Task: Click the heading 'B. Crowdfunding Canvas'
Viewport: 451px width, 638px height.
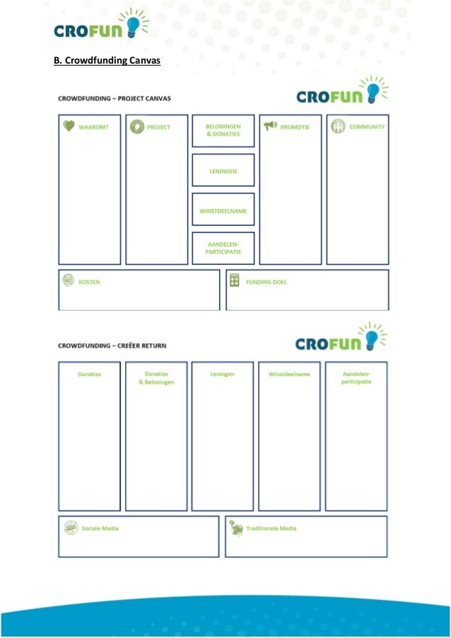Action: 107,61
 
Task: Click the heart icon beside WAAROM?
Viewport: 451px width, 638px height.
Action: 68,126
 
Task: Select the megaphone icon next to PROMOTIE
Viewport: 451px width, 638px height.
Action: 270,126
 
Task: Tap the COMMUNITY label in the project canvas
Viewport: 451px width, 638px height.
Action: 367,127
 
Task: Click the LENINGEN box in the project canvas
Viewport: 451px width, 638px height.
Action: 223,170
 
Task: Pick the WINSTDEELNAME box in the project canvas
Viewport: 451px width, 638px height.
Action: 223,210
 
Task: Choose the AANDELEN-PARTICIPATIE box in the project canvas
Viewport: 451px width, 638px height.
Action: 223,247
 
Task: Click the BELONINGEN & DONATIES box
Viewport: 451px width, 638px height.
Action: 223,130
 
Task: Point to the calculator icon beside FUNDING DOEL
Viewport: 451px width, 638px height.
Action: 235,280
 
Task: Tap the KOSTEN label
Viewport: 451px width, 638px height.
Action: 89,282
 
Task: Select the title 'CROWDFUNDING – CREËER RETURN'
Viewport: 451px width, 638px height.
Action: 112,345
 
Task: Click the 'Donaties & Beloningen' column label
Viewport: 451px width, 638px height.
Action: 156,378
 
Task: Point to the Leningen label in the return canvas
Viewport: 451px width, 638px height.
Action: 222,374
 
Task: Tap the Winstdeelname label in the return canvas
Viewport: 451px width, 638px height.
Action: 289,374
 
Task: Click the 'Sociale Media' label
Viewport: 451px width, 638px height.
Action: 100,528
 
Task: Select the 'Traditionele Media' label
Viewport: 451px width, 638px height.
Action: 271,528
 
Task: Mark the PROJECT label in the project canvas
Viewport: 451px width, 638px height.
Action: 158,127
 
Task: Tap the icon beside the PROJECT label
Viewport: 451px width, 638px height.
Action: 136,126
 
